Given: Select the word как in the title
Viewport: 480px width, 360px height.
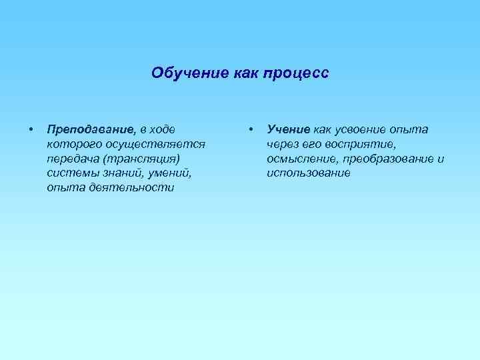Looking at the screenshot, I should (237, 72).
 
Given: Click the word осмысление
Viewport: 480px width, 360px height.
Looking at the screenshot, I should (302, 159).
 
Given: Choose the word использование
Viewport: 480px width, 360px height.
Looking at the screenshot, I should (308, 173).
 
